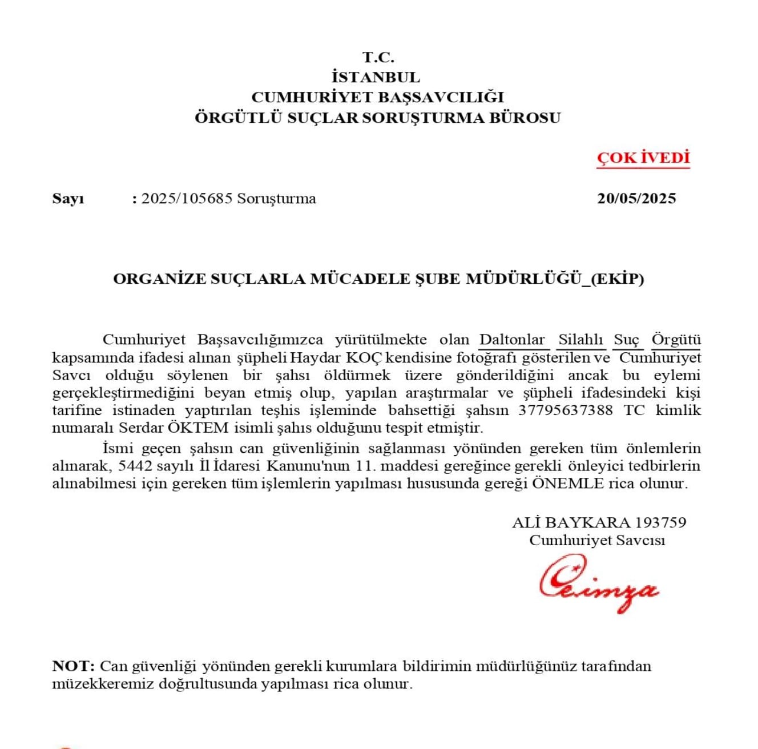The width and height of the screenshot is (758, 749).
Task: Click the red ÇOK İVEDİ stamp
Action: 643,158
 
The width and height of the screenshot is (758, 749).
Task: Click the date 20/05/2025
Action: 636,199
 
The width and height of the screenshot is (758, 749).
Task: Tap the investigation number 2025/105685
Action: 187,199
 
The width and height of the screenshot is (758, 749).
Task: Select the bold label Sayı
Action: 68,199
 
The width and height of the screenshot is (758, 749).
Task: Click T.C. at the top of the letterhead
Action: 378,57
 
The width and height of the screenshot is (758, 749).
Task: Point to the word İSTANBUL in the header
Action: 376,77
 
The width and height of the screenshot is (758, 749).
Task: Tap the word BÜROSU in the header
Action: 525,118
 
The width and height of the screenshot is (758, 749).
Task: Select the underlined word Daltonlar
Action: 512,340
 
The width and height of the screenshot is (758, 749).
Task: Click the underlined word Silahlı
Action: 580,340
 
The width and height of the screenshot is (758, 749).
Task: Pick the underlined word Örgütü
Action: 676,340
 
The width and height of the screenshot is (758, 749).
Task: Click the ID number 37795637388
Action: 565,410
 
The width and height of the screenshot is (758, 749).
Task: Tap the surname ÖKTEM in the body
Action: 198,428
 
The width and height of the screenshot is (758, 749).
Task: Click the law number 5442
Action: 135,466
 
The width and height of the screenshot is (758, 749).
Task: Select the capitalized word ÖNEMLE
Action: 567,484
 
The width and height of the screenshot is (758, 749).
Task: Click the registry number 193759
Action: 660,522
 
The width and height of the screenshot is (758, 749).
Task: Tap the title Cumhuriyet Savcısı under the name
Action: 597,540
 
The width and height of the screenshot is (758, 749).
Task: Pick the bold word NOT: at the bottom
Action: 73,666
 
